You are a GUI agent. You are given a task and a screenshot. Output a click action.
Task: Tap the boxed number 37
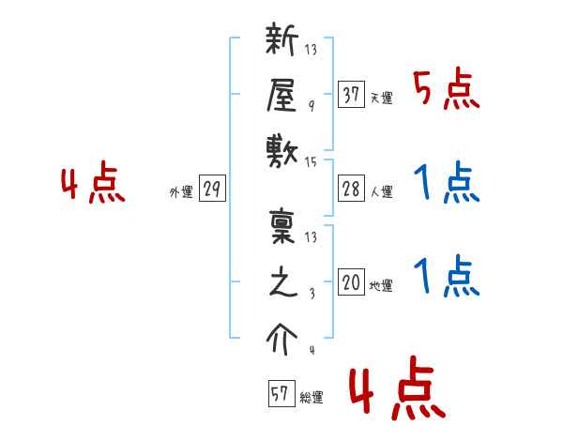[351, 94]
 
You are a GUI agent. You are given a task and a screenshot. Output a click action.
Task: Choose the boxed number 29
[212, 190]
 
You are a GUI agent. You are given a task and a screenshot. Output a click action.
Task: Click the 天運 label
[382, 98]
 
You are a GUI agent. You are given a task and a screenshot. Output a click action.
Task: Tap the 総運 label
[312, 397]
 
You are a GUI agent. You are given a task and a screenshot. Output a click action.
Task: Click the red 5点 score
[446, 92]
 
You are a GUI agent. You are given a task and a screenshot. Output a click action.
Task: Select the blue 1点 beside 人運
[447, 184]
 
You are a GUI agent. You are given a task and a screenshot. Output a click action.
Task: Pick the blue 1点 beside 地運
[447, 278]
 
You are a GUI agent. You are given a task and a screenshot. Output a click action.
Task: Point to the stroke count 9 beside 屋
[311, 108]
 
